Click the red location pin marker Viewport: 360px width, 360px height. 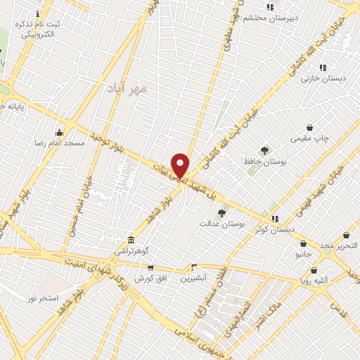click(181, 165)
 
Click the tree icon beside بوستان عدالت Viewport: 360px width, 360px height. click(222, 213)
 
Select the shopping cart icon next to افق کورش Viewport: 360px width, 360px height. click(150, 267)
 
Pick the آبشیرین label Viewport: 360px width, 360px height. click(194, 278)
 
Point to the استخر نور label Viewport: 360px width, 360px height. click(42, 299)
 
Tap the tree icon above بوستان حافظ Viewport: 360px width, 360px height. click(264, 150)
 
